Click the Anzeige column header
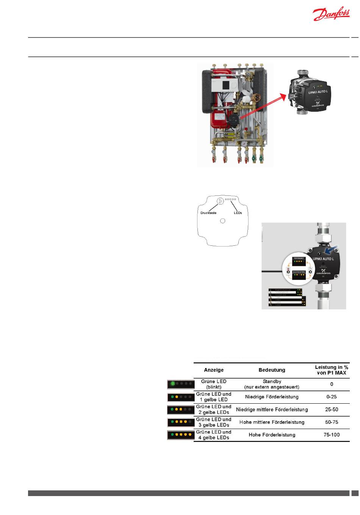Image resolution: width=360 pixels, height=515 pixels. [x=214, y=370]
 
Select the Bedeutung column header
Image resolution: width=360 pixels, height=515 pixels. [x=272, y=370]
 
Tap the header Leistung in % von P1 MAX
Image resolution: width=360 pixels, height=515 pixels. [x=332, y=370]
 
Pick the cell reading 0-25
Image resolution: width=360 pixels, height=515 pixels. [x=332, y=397]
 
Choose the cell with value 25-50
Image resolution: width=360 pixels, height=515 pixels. [x=332, y=409]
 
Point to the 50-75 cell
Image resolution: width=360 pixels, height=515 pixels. [x=332, y=422]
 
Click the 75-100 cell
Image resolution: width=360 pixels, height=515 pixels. [x=332, y=435]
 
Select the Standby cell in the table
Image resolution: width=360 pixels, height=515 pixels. [x=272, y=384]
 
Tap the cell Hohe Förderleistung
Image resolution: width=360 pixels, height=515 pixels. [x=272, y=435]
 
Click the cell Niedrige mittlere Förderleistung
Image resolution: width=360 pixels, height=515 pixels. [x=272, y=409]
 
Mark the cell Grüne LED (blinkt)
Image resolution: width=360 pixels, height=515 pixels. [x=214, y=384]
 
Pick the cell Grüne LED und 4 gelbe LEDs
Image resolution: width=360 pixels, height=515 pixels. [x=214, y=435]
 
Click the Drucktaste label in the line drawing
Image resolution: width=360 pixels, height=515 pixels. [x=208, y=213]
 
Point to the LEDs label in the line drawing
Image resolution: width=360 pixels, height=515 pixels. [x=238, y=213]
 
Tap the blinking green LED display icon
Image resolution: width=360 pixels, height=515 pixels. [x=181, y=384]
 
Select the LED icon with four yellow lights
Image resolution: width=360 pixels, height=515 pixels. [x=181, y=435]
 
